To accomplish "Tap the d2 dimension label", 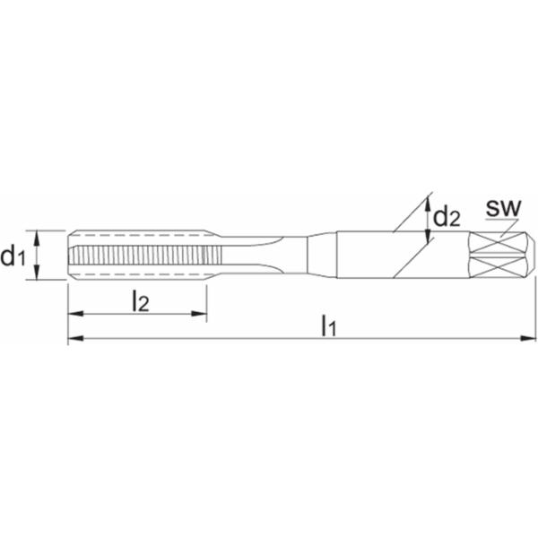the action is (447, 217).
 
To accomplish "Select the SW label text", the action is (503, 208).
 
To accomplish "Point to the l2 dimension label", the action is (141, 301).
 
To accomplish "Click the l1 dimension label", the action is (329, 326).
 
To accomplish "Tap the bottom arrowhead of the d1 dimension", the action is (37, 272).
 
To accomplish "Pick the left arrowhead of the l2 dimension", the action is (76, 314).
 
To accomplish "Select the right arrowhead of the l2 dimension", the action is (199, 314).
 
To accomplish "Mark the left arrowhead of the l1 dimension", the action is (76, 338).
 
